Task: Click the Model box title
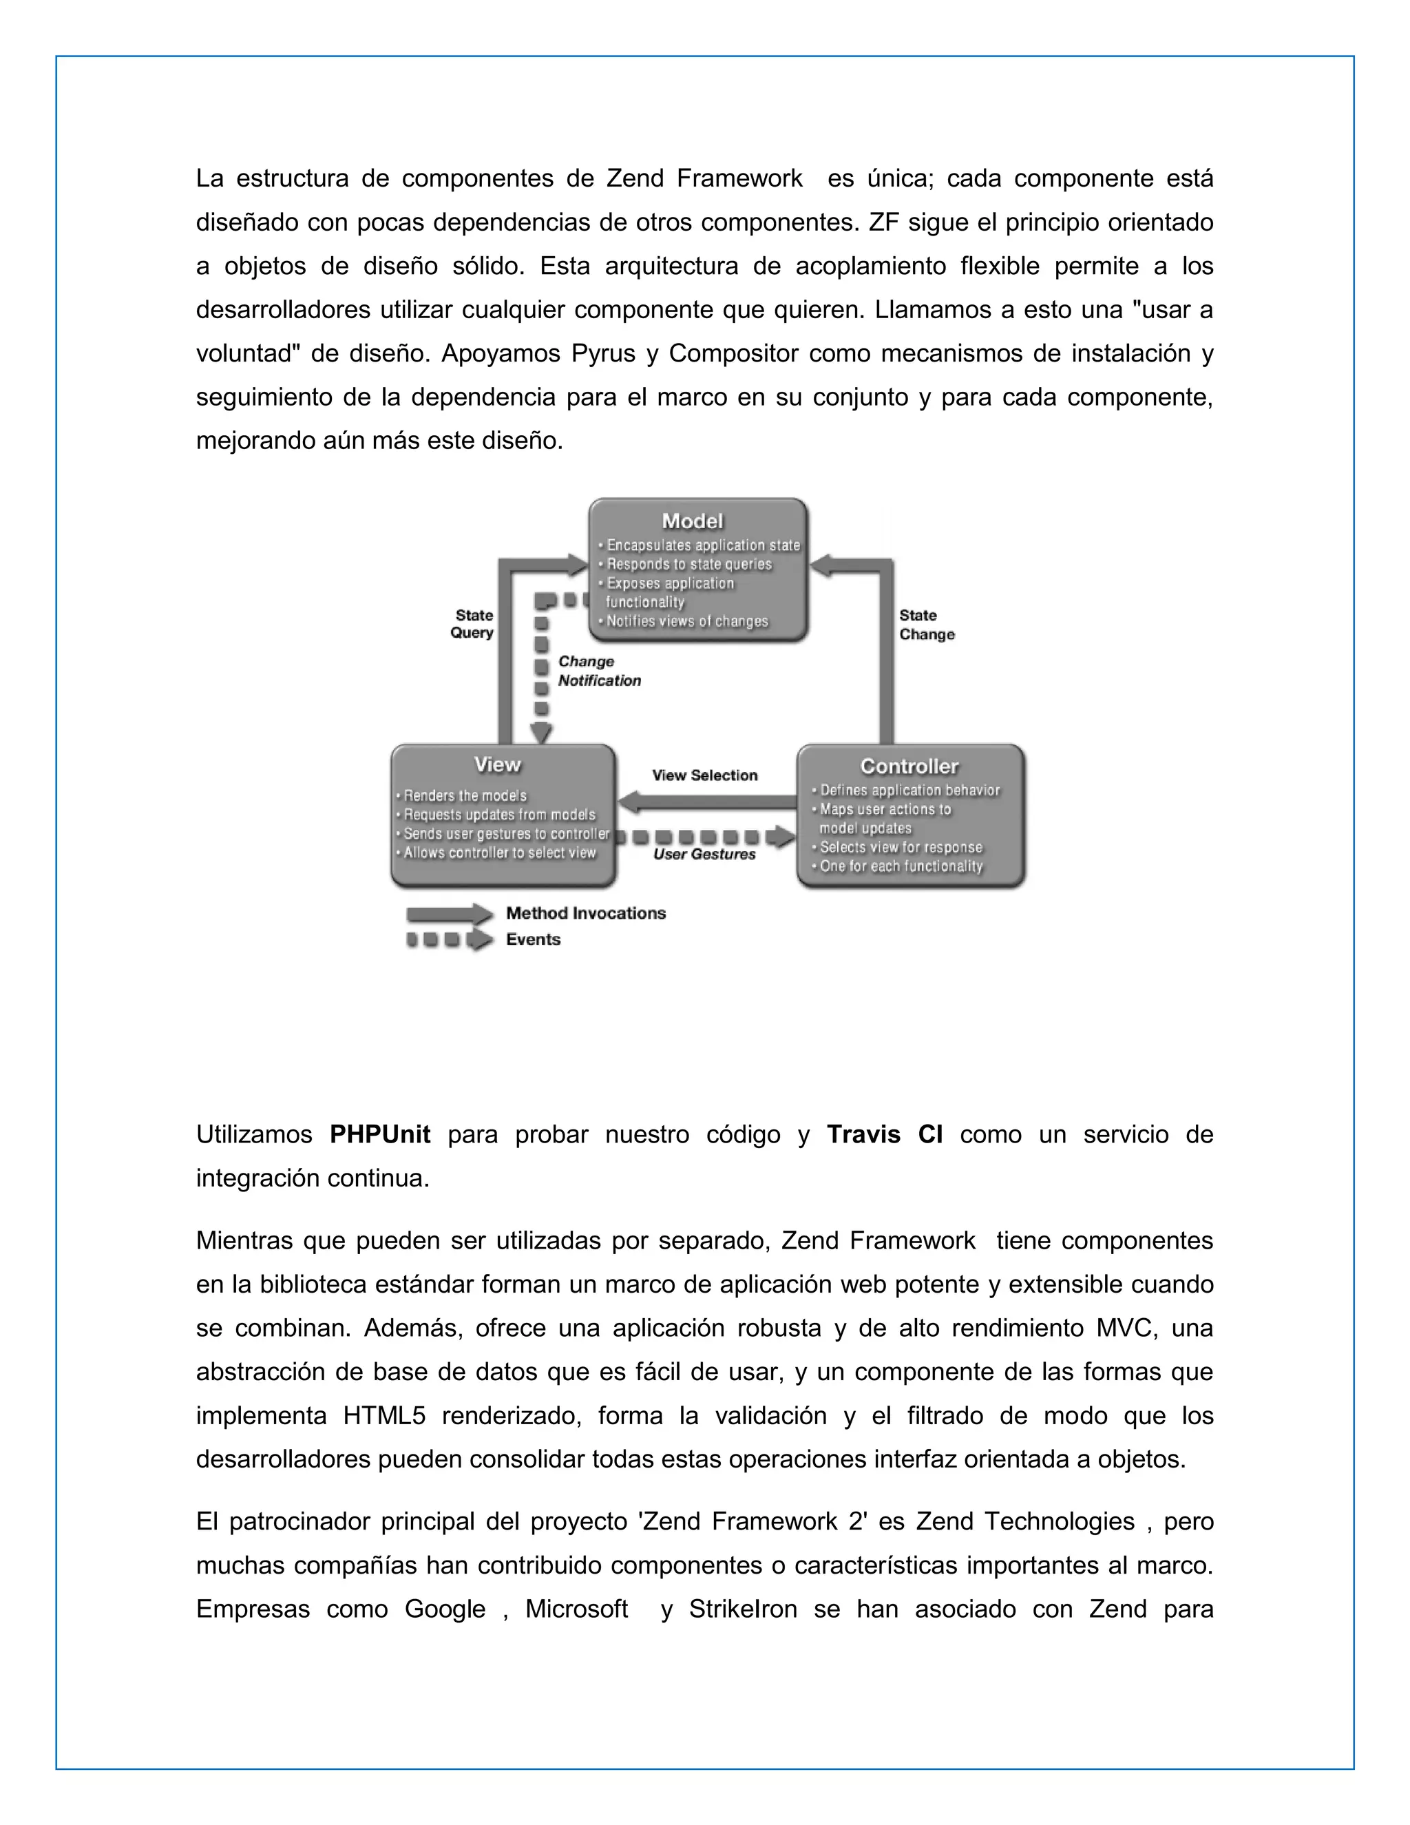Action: point(692,521)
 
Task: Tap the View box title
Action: point(497,764)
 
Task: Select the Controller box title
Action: point(909,766)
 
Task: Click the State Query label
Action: point(473,624)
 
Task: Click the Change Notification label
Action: point(598,671)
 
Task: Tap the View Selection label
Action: point(704,775)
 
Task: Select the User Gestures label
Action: point(704,854)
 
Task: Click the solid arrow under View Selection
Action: point(706,803)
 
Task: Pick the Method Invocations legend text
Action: point(586,913)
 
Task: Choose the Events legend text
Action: point(533,939)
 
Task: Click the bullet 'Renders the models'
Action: point(465,795)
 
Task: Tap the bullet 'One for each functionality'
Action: point(901,866)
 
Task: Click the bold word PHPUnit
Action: point(380,1135)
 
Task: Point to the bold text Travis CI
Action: point(885,1135)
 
